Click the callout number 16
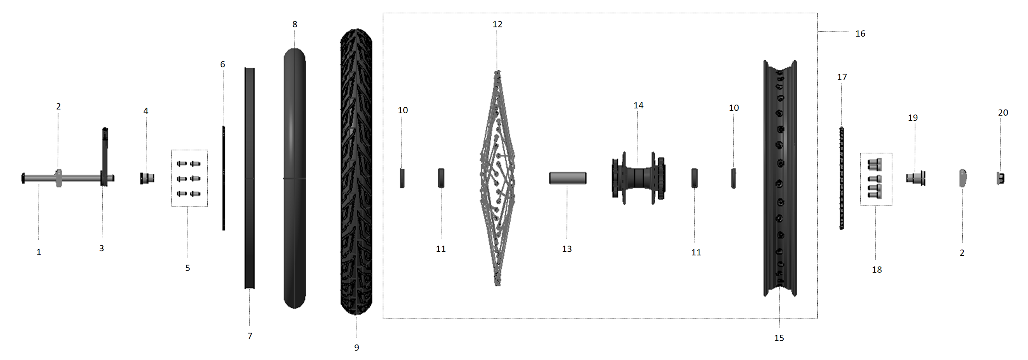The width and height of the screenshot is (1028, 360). pyautogui.click(x=860, y=34)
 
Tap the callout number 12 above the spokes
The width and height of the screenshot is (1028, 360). pyautogui.click(x=497, y=24)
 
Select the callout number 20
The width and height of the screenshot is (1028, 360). pyautogui.click(x=1003, y=113)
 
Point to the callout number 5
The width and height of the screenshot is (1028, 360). pyautogui.click(x=188, y=268)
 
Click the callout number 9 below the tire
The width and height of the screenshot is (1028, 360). pyautogui.click(x=357, y=348)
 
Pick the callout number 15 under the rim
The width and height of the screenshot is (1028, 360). pyautogui.click(x=779, y=338)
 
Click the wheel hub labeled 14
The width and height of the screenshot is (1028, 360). pyautogui.click(x=638, y=178)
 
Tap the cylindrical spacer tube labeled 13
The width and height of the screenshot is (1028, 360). pyautogui.click(x=568, y=178)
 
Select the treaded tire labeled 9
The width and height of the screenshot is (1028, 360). pyautogui.click(x=356, y=172)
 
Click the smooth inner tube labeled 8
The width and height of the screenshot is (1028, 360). pyautogui.click(x=295, y=178)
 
